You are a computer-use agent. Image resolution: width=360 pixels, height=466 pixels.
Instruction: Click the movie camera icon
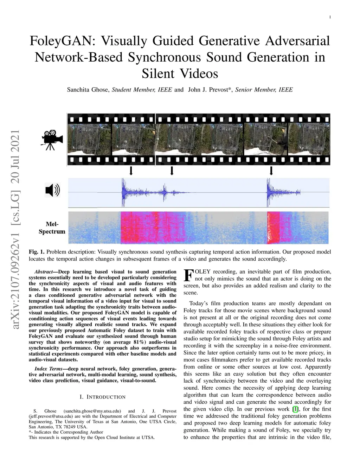52,140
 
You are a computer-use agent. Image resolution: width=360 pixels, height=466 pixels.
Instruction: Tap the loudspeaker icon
53,190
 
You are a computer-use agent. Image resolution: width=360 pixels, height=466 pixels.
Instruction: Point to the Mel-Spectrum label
52,228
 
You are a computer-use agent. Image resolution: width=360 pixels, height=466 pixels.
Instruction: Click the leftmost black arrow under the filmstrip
131,171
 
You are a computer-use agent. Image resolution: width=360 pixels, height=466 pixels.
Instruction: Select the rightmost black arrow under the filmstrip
271,171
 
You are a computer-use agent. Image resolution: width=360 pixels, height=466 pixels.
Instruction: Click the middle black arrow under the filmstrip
172,171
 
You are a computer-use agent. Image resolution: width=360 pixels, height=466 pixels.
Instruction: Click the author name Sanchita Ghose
88,90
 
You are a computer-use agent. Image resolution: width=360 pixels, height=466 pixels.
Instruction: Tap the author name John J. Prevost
208,90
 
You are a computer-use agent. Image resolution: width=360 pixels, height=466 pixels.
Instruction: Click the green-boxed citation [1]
295,409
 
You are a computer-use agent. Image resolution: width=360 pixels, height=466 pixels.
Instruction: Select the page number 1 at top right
330,17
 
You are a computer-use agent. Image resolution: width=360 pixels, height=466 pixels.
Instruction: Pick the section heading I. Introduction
103,397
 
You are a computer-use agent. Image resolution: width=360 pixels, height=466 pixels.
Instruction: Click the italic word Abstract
44,272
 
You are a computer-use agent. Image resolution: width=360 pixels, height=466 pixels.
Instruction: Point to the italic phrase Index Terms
49,369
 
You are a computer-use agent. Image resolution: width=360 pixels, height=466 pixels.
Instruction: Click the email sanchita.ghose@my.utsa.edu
92,411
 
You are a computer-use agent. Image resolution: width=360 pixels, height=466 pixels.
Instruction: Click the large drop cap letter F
188,275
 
